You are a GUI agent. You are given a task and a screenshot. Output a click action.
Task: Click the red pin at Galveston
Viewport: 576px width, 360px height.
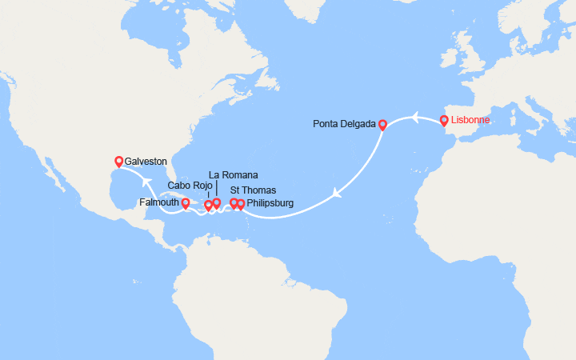pos(119,161)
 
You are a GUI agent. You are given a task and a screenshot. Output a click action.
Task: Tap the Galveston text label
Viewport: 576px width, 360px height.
pos(147,161)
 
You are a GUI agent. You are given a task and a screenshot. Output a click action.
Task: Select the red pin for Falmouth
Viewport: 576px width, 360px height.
pos(186,203)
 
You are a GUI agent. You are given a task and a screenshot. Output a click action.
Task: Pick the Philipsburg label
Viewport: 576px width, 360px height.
pos(270,203)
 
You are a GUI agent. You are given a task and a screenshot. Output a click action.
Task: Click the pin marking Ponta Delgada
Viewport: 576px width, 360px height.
pos(382,124)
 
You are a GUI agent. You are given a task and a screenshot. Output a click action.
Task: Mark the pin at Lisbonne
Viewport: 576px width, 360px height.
pos(444,121)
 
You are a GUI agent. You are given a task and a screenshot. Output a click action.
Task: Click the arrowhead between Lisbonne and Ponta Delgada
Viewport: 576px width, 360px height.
pos(416,118)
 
